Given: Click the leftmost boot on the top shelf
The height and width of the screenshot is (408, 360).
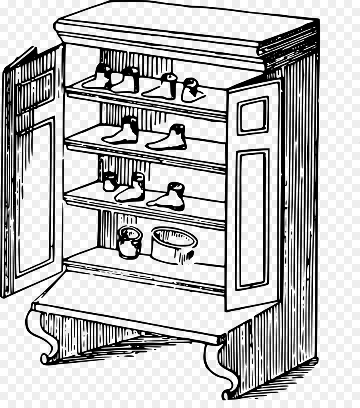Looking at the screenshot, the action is coord(99,78).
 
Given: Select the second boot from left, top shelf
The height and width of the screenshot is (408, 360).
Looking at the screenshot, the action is coord(126,82).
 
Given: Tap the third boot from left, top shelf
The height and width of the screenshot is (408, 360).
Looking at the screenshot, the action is coord(162,88).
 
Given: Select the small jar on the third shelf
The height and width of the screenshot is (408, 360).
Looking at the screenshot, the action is coord(110,182).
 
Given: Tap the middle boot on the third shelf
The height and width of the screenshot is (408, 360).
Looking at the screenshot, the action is coord(132,189).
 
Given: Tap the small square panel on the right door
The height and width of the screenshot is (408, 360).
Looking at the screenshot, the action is coord(252,116).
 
